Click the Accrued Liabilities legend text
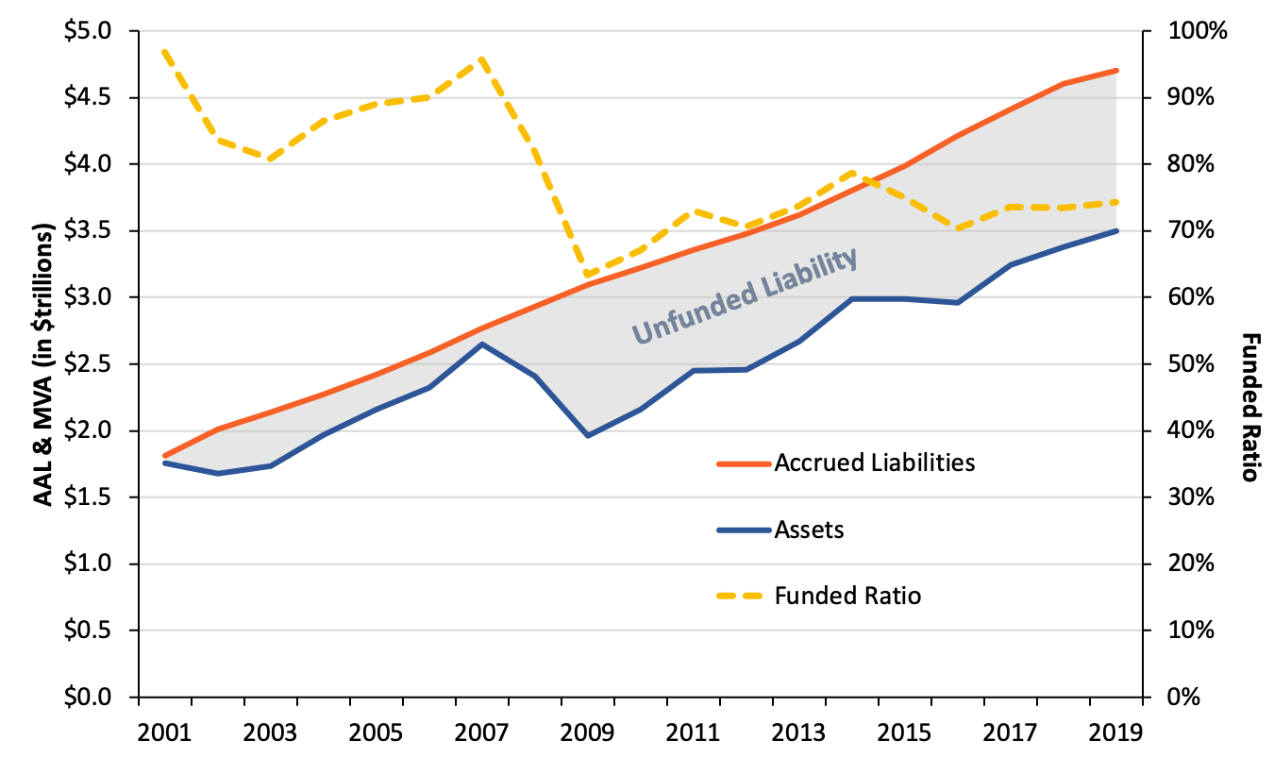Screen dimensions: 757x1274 (x=874, y=463)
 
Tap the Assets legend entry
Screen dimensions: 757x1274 (x=809, y=530)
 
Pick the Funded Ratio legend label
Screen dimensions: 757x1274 (x=847, y=596)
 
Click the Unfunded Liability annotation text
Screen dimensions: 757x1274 (x=745, y=295)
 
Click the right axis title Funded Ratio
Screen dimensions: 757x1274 (x=1250, y=406)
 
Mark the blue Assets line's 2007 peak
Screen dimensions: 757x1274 (x=482, y=345)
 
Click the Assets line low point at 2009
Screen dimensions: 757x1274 (x=588, y=435)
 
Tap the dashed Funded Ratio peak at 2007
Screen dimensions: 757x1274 (x=482, y=59)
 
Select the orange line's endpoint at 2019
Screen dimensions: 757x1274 (x=1117, y=71)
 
